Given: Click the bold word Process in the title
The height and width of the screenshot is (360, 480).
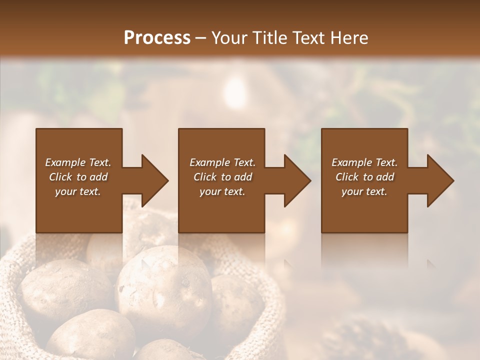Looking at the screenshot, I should [x=157, y=38].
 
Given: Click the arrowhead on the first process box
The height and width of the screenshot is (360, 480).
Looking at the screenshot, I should [x=154, y=180].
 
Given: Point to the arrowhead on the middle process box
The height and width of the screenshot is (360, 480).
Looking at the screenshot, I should [x=297, y=180].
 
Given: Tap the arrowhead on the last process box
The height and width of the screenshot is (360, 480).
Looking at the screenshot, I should [x=440, y=180].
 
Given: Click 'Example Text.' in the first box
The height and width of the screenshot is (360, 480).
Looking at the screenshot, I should [x=78, y=162].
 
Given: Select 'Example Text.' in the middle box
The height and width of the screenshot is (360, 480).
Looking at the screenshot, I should [x=222, y=162].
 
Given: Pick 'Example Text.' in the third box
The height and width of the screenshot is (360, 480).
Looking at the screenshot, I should [x=364, y=162].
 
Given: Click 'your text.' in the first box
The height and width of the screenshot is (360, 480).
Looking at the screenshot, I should [x=78, y=191].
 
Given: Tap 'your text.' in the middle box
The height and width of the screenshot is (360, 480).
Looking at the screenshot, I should [x=222, y=191].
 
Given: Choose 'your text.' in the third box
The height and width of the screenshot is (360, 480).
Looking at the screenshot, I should [x=364, y=191].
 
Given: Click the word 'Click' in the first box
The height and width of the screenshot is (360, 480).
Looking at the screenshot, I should [x=61, y=177].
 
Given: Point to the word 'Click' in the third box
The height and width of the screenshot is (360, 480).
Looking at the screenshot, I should [x=347, y=177].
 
